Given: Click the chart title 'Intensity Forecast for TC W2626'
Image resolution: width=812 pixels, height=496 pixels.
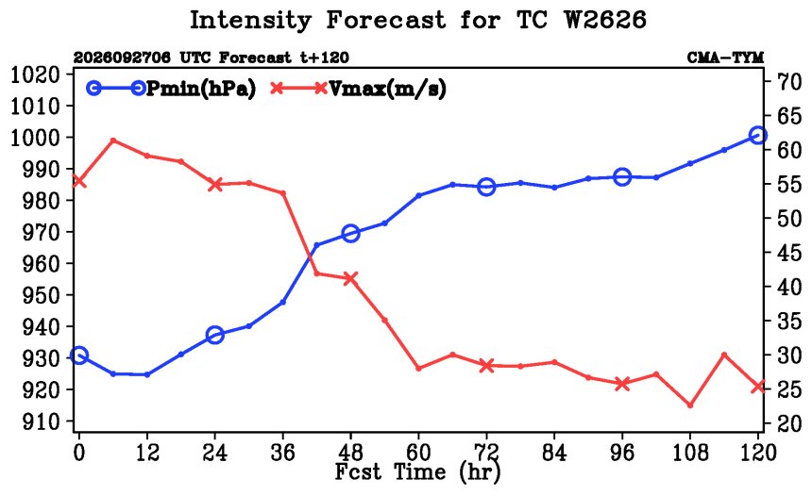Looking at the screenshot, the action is point(418,21).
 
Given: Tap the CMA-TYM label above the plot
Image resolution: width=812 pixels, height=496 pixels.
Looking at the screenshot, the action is point(725,58).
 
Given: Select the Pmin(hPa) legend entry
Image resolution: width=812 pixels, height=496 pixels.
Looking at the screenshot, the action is point(172,89).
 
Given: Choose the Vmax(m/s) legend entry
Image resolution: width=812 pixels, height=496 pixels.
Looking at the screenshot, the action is point(359,89).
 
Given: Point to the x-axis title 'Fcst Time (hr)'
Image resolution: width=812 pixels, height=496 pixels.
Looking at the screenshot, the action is point(418,471).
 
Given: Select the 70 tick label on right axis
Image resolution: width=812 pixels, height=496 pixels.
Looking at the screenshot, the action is point(788,81).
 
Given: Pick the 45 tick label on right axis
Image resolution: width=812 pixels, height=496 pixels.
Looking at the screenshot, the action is point(788,253).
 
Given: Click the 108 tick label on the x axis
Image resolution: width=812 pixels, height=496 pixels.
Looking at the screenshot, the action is point(690,453).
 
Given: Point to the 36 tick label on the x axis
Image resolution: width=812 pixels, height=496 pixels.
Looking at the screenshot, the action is point(282,453).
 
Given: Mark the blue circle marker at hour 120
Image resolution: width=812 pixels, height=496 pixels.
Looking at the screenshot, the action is point(758,136).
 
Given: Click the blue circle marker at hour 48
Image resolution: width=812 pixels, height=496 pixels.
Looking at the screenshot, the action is point(350,233).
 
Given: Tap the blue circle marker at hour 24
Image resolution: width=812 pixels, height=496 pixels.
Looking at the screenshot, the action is point(215,335).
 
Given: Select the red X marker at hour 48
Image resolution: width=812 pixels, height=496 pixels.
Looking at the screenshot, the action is point(350,278).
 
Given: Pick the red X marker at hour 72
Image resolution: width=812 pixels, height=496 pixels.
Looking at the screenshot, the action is point(486,366).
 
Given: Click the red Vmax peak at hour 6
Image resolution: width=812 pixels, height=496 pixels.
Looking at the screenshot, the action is point(113,141).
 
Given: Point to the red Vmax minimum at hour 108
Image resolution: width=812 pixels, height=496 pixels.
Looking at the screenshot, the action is point(690,405).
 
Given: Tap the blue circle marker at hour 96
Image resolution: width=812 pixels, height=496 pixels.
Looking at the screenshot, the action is point(622,177).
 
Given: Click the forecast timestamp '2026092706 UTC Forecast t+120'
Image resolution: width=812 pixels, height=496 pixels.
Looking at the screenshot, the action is point(211,58).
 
